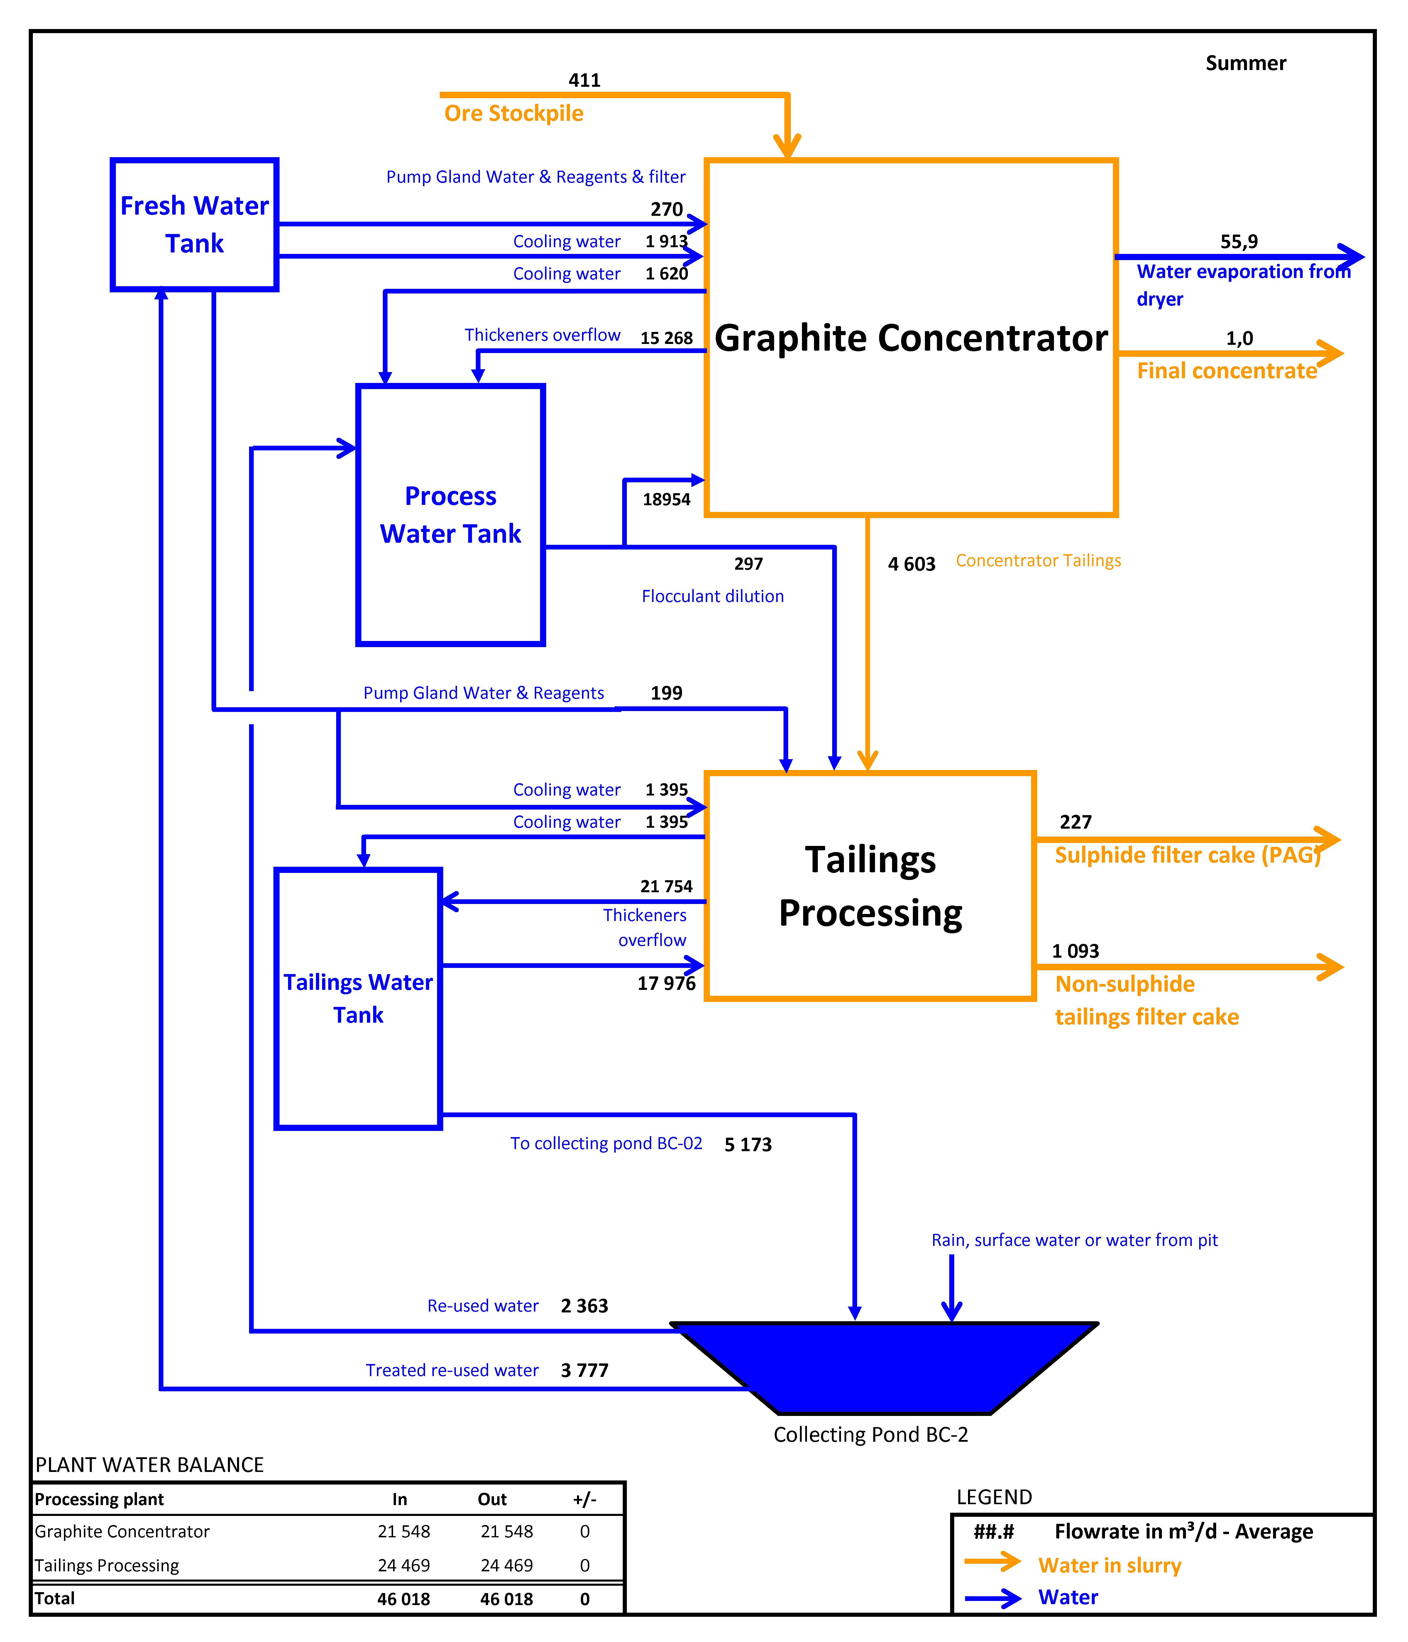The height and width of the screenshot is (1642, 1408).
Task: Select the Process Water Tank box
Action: click(450, 515)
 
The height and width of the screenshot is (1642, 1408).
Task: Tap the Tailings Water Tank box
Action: click(358, 998)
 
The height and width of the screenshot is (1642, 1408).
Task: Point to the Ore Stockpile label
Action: click(514, 113)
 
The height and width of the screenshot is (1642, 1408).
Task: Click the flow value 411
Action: click(584, 80)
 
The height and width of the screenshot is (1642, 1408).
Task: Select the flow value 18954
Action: click(666, 499)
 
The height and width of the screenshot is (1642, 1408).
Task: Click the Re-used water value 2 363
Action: click(584, 1306)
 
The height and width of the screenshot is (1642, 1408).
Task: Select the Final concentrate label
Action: click(1226, 371)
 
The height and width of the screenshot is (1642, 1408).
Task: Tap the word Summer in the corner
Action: click(1245, 63)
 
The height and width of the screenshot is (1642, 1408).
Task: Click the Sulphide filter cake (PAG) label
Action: click(1187, 855)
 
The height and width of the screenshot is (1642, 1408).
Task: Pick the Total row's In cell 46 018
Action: click(404, 1599)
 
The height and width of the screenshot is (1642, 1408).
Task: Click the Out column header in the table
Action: click(492, 1499)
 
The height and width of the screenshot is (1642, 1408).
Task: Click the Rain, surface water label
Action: click(1074, 1240)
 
